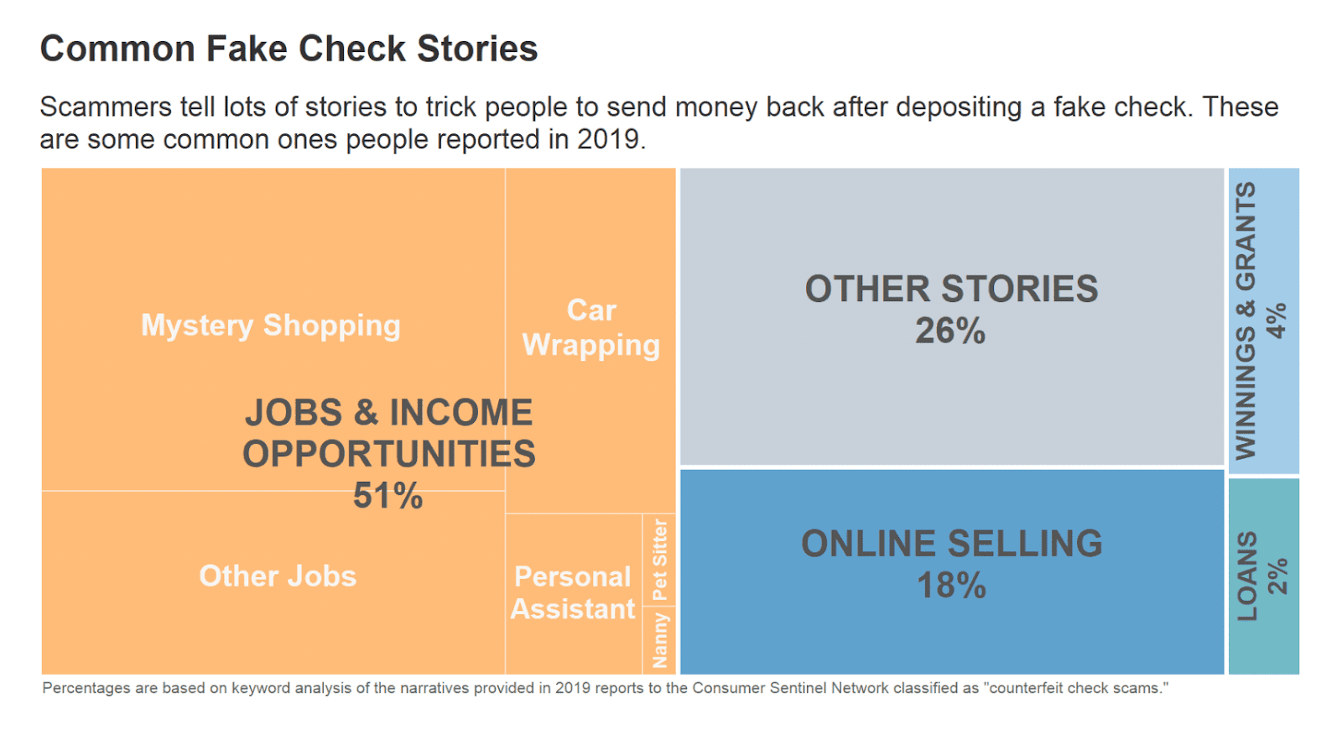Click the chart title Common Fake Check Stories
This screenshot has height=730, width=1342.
[289, 49]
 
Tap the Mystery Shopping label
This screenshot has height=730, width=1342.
[270, 325]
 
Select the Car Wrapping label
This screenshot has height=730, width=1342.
[591, 328]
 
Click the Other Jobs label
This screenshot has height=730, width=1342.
[278, 576]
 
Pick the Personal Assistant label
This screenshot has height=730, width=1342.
[573, 592]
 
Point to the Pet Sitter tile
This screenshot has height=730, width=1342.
[659, 559]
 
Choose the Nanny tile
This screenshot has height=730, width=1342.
[659, 639]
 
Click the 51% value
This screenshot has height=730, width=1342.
[388, 495]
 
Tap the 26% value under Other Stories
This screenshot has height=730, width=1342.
[950, 331]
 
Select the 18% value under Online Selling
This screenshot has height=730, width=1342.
[951, 586]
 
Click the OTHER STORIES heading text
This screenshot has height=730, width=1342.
[951, 289]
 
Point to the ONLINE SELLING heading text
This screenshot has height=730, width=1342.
[951, 544]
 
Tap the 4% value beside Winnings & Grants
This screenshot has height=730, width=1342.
[1277, 321]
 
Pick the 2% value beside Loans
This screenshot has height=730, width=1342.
[1277, 576]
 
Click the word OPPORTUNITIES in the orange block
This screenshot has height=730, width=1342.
[388, 454]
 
